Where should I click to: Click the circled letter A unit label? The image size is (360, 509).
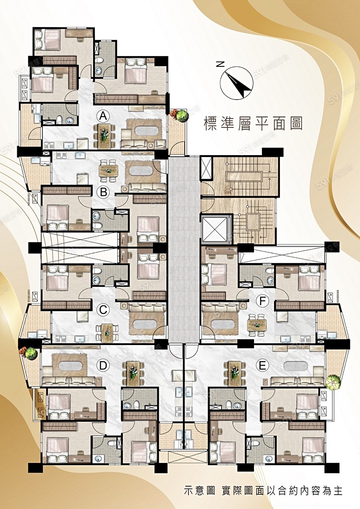pyautogui.click(x=103, y=117)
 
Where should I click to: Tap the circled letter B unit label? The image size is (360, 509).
pyautogui.click(x=103, y=192)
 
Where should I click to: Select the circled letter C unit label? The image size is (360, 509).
pyautogui.click(x=103, y=310)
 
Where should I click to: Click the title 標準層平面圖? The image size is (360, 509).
pyautogui.click(x=253, y=124)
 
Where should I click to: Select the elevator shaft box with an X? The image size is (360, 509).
pyautogui.click(x=215, y=230)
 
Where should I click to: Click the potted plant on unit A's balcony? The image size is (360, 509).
pyautogui.click(x=180, y=115)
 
